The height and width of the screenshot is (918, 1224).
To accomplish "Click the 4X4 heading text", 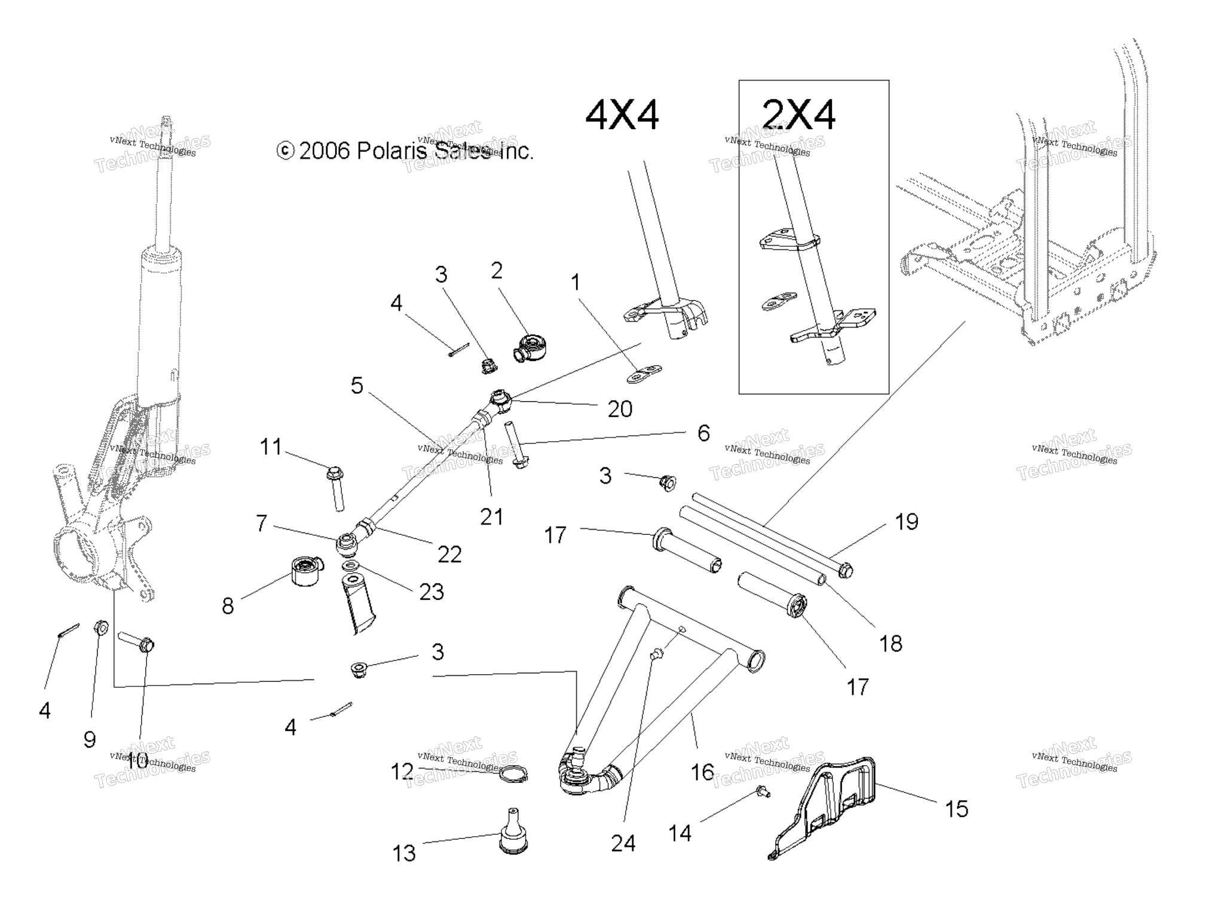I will click(x=622, y=115).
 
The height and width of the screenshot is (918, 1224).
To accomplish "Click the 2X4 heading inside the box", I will click(x=798, y=115).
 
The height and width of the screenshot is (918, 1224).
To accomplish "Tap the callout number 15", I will click(x=956, y=809).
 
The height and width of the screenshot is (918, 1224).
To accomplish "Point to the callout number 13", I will click(x=404, y=853).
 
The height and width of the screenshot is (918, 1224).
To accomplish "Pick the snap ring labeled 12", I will click(x=513, y=775).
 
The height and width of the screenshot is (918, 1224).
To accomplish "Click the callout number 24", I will click(x=623, y=843).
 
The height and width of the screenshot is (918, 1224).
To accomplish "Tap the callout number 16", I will click(x=702, y=772).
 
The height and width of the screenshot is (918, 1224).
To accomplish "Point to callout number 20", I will click(x=620, y=409).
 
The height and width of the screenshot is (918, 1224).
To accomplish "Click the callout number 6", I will click(x=703, y=433).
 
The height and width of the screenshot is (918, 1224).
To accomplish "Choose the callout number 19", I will click(x=906, y=522).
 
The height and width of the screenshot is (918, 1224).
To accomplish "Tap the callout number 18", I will click(x=891, y=644).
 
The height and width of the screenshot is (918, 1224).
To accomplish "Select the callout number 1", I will click(x=576, y=282).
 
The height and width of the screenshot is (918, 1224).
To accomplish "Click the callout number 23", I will click(x=432, y=592).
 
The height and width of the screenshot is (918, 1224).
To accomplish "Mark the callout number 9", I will click(x=90, y=740).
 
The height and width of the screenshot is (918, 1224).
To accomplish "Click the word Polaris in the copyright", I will click(x=391, y=151).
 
